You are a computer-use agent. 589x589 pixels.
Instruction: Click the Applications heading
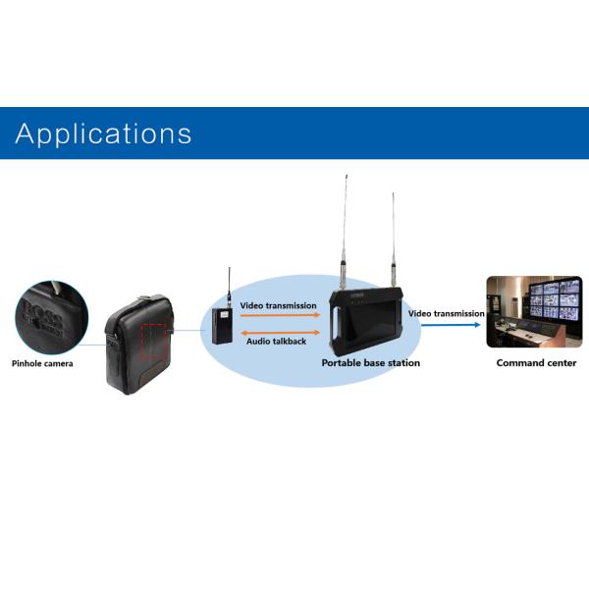103,134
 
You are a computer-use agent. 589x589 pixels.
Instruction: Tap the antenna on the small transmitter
229,286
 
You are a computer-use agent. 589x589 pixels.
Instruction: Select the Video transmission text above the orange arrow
279,305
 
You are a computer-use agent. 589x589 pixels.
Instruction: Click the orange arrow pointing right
280,316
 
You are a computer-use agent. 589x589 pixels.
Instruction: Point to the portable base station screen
375,323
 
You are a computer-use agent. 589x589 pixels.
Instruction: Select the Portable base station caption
371,363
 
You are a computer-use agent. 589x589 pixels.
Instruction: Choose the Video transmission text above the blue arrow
447,313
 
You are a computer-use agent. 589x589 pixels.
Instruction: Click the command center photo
534,311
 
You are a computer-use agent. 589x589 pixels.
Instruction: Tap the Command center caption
536,363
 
